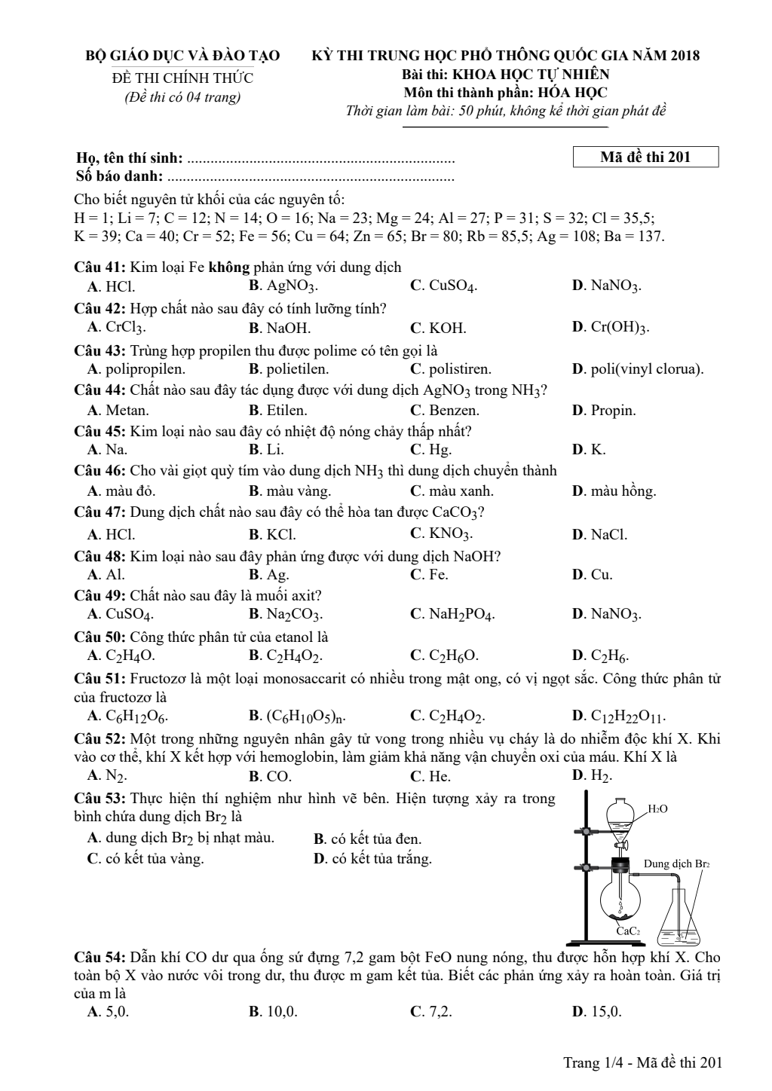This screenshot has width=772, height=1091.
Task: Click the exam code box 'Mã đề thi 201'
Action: click(645, 157)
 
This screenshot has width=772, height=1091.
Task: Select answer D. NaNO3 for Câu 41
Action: click(607, 286)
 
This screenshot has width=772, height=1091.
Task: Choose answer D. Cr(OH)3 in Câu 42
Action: click(611, 328)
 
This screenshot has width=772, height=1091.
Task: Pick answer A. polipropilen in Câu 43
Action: click(136, 369)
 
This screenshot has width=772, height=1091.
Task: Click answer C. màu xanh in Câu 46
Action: click(452, 491)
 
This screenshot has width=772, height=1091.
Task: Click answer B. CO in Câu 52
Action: click(270, 776)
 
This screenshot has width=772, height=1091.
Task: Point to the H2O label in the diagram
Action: click(657, 809)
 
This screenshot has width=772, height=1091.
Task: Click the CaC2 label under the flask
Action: click(628, 931)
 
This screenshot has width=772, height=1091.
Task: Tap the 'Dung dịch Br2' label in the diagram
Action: click(676, 863)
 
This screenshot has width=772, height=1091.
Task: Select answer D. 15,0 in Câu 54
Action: click(597, 1012)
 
